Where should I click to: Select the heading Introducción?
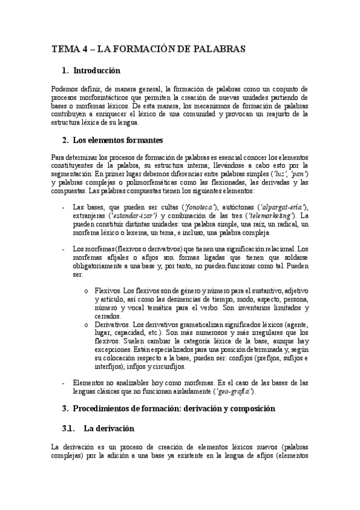[x=96, y=71]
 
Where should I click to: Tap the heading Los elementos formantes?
[x=117, y=141]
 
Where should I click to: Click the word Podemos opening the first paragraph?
[x=66, y=88]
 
